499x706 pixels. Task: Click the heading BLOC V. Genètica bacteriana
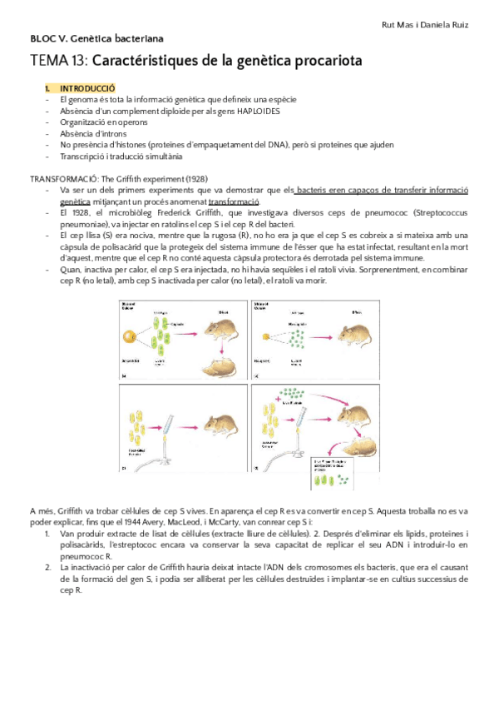[96, 38]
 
